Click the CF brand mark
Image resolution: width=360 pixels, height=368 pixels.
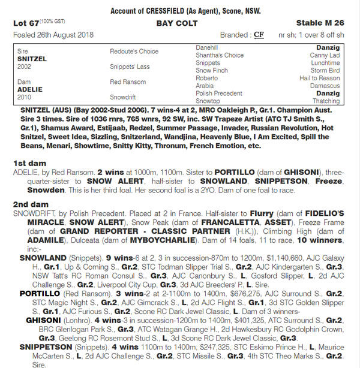[259, 35]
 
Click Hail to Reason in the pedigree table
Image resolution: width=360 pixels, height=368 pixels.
[320, 78]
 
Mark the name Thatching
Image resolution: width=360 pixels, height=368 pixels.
[327, 101]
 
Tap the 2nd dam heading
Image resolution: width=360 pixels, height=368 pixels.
[31, 204]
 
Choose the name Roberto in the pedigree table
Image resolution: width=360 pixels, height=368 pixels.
[207, 78]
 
